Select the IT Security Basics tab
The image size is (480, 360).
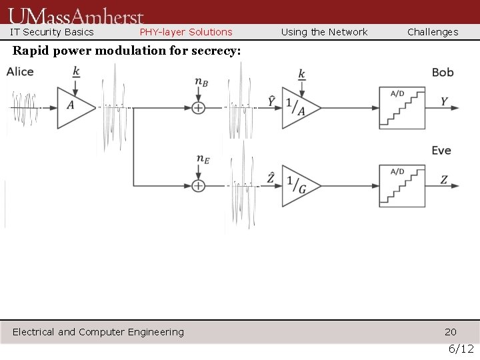52,32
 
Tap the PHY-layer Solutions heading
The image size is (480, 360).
186,32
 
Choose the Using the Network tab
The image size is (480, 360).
324,32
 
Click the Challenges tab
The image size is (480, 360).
433,32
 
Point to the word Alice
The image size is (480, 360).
20,72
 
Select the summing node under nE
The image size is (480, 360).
199,185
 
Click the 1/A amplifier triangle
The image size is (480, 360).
298,107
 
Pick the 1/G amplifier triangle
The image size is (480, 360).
298,185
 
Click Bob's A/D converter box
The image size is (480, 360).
401,107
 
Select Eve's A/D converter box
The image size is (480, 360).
401,185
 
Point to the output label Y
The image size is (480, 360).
445,102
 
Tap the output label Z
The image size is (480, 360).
445,179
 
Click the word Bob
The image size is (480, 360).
443,72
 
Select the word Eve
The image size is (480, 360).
441,151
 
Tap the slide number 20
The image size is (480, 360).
451,332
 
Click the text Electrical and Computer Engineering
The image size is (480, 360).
98,332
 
